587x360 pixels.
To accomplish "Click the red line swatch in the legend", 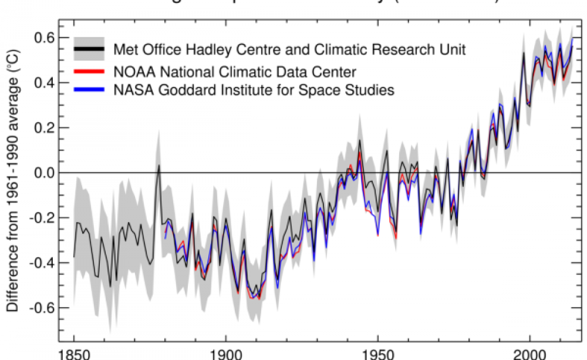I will [89, 72].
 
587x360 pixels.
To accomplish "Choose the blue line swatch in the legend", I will [89, 90].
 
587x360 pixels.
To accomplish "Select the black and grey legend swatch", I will [89, 49].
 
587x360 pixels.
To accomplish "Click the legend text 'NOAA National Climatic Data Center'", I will [235, 72].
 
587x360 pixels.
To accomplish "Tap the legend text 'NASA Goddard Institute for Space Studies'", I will [254, 90].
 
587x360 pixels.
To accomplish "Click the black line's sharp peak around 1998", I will [523, 53].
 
